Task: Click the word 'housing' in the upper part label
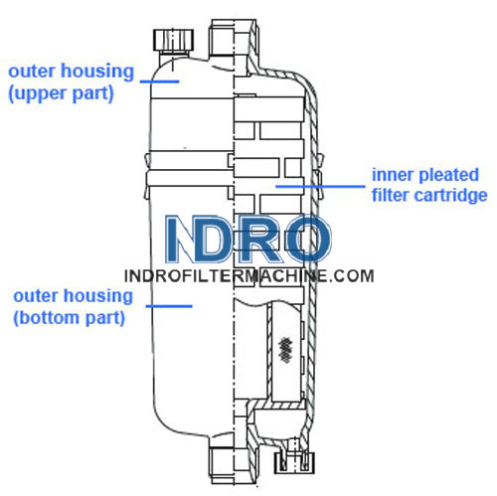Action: (97, 73)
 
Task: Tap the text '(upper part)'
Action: (61, 93)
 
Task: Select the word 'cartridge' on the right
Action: (451, 195)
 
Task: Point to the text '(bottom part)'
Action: (70, 318)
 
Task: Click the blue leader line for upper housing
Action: (160, 82)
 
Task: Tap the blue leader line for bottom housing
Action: (169, 306)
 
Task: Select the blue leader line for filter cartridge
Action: (320, 186)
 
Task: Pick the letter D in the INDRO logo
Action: (212, 239)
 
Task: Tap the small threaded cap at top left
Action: (173, 41)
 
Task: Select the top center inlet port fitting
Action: (234, 39)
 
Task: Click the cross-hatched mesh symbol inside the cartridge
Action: (285, 349)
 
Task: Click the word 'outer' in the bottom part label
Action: (35, 296)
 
